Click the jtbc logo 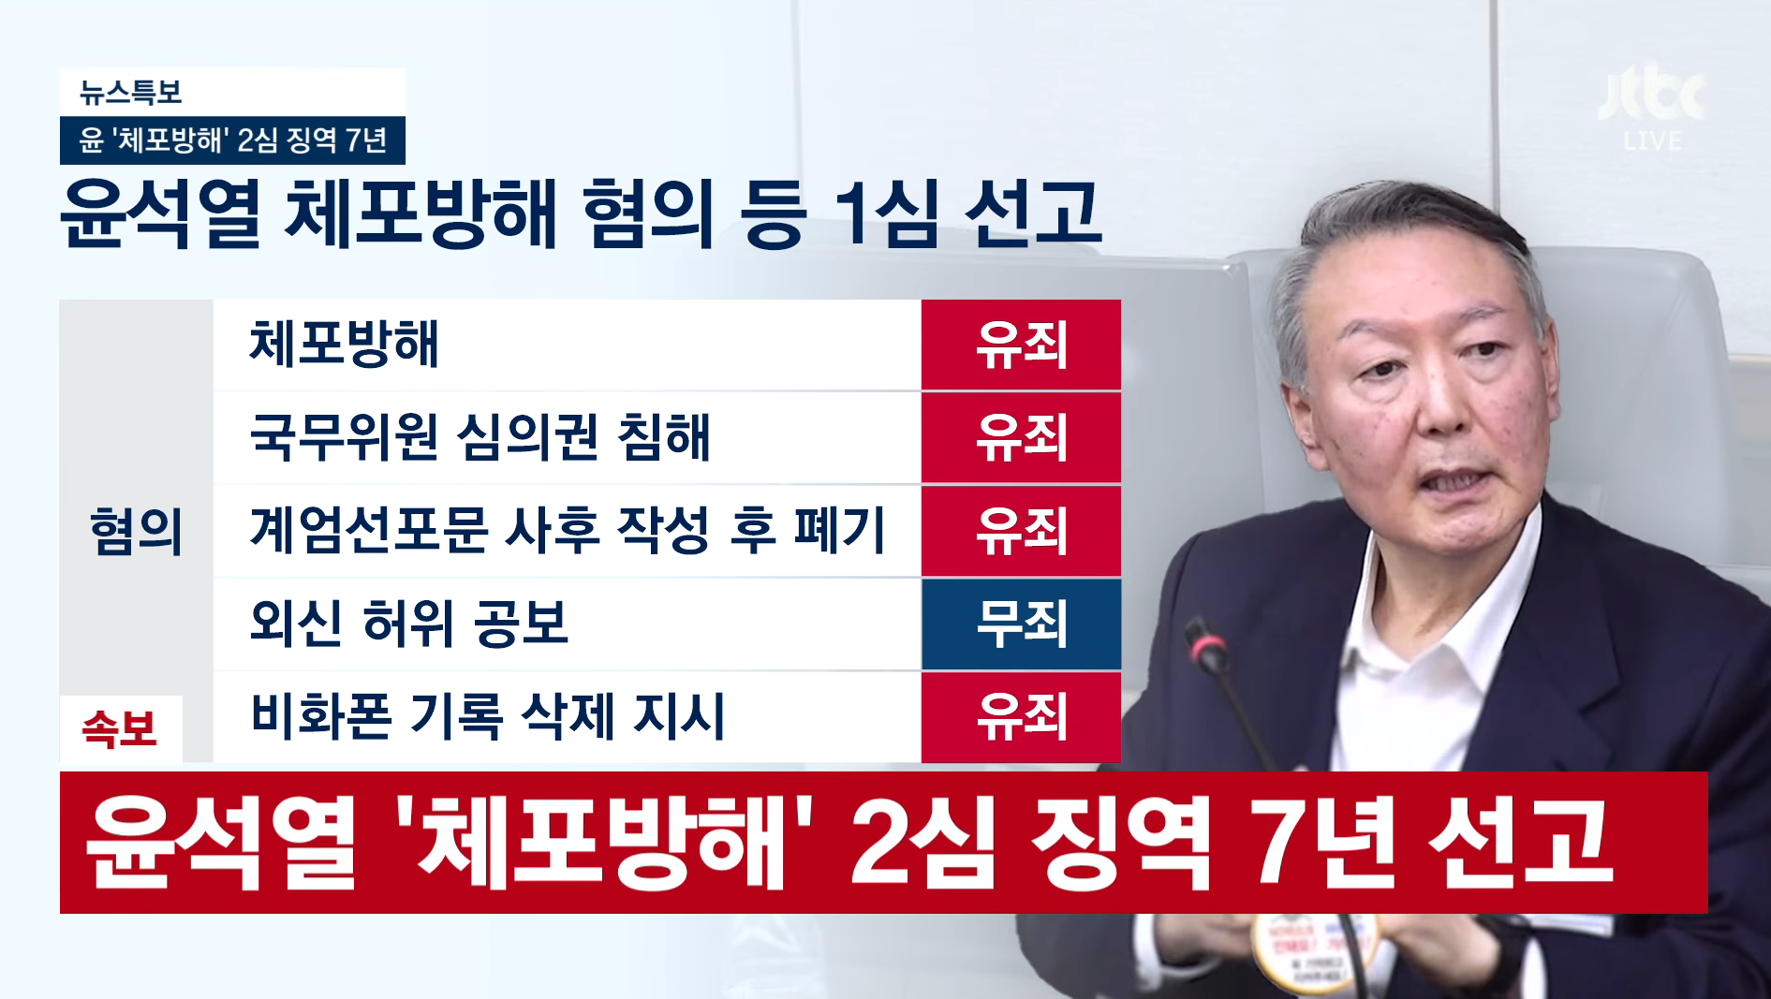click(1652, 95)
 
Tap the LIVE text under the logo click(1653, 141)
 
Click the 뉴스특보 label click(130, 92)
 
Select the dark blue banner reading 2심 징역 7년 click(232, 140)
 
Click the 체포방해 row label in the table click(344, 344)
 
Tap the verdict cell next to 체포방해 click(1021, 344)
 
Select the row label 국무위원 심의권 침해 click(480, 437)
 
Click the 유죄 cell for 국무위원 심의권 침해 click(1021, 437)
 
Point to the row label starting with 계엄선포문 click(567, 530)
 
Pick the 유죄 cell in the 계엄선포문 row click(1021, 531)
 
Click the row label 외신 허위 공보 click(408, 624)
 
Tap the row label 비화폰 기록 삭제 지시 click(487, 716)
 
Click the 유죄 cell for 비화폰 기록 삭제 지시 click(1021, 717)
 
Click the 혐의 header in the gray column click(136, 532)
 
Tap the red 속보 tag click(120, 728)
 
